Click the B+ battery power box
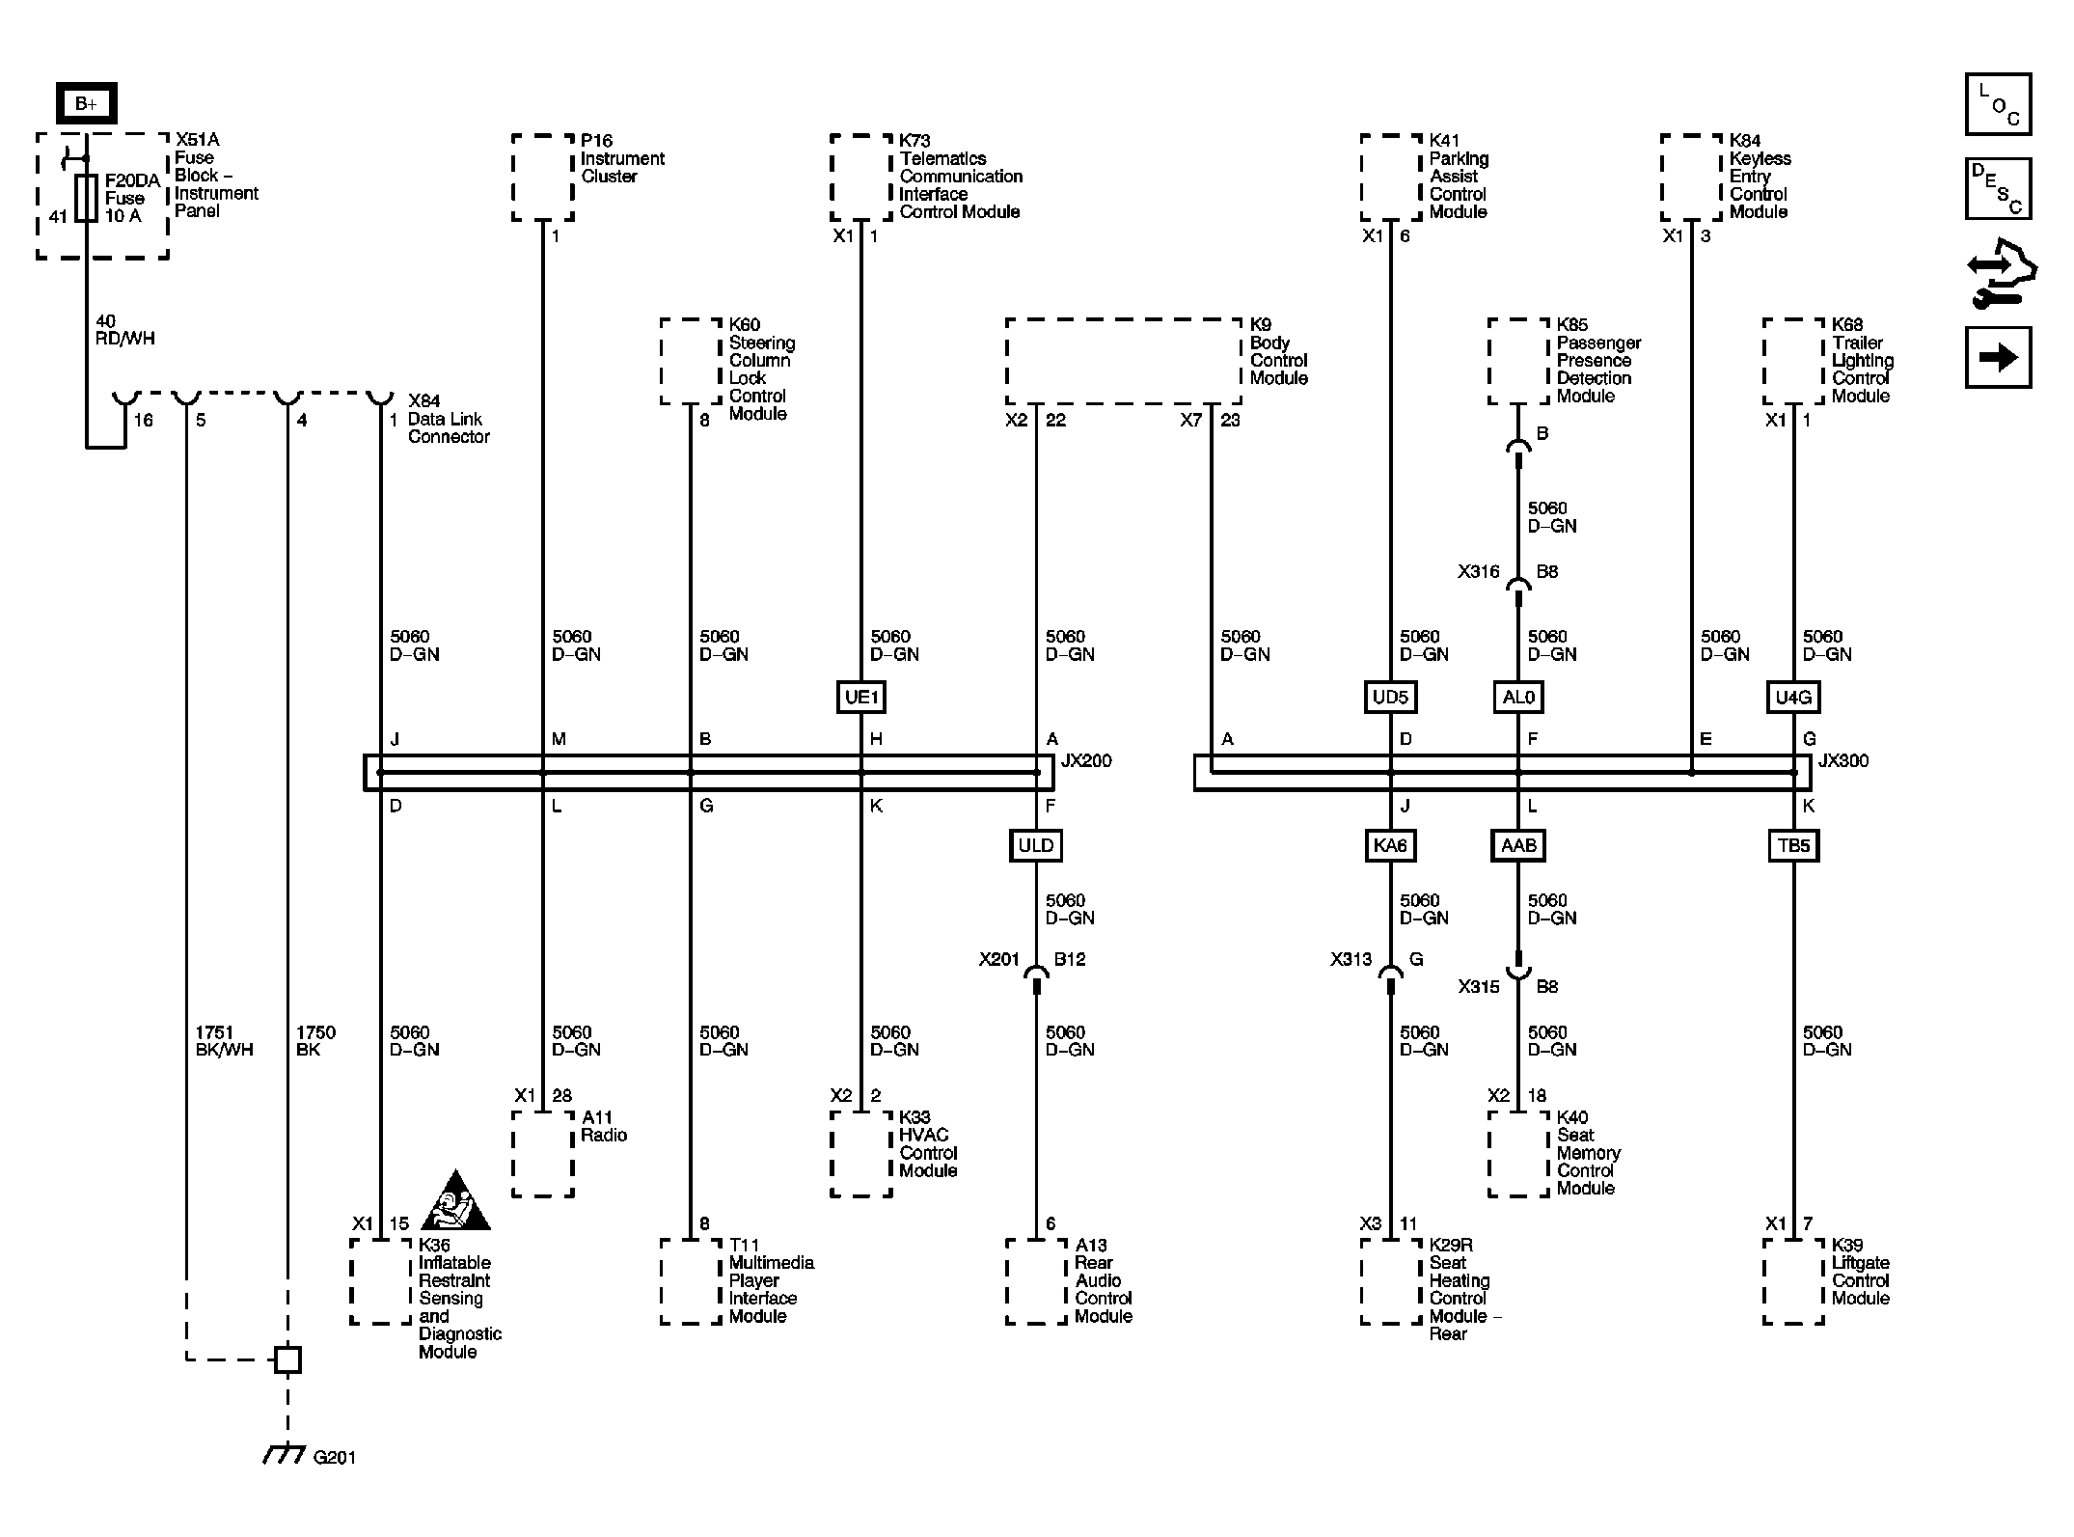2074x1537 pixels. click(x=86, y=103)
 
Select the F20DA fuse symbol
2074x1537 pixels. click(x=87, y=198)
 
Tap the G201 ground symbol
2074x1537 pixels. click(x=286, y=1454)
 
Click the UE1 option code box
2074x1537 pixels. click(x=860, y=697)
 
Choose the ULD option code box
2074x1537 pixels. click(x=1035, y=846)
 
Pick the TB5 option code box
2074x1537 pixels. click(x=1793, y=846)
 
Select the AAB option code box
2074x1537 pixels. click(x=1517, y=846)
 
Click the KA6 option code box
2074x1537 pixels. click(x=1390, y=846)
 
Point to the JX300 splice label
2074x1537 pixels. click(x=1842, y=760)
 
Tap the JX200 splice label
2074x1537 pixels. click(x=1086, y=760)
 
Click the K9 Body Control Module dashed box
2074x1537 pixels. click(x=1124, y=361)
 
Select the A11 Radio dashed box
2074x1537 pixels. click(x=543, y=1154)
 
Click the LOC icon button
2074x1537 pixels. click(x=1998, y=104)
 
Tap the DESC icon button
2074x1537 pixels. click(x=1998, y=189)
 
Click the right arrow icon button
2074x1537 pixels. click(x=1998, y=358)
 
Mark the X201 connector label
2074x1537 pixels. click(x=998, y=959)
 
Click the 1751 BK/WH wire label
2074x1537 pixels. click(x=224, y=1041)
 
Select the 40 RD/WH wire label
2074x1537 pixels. click(x=124, y=330)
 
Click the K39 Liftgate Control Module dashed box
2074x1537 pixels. click(x=1793, y=1280)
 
